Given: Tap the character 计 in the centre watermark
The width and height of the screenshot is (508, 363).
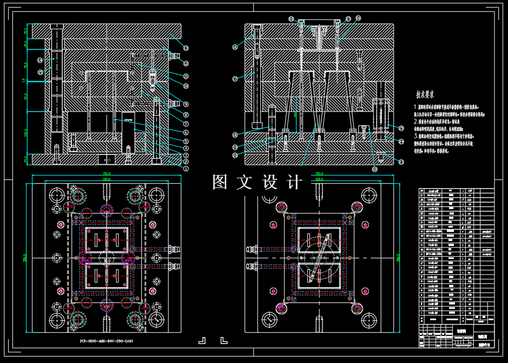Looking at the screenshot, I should tap(295, 182).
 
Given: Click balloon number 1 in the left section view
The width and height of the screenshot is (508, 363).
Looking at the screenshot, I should tap(186, 168).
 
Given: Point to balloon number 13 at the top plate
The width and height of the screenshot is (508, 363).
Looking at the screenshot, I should tap(186, 48).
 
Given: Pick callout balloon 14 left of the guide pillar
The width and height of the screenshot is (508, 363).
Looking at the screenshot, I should tap(40, 60).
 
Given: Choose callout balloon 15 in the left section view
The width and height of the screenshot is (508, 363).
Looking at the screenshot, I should tap(40, 72).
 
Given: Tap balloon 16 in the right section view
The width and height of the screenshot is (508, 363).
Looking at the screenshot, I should tap(235, 47).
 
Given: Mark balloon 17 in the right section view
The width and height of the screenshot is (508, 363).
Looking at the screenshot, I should tap(235, 79).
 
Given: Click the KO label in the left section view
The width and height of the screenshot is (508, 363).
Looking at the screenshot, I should tap(107, 160).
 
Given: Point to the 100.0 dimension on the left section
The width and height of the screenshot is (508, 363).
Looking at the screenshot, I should tap(25, 132).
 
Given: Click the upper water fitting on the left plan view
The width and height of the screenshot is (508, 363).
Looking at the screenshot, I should tap(174, 249).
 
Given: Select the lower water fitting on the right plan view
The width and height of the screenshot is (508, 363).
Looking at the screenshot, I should tap(253, 266).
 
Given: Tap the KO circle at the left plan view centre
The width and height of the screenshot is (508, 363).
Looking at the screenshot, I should tap(107, 260).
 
